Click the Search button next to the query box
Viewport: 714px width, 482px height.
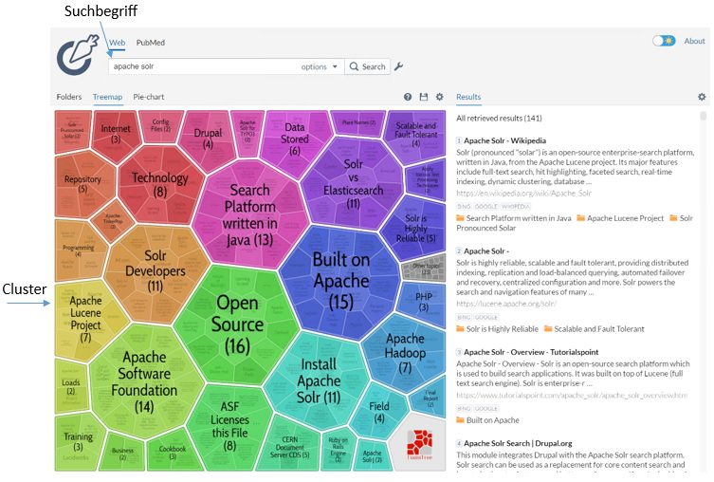click(x=367, y=66)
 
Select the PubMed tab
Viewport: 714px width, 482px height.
click(x=150, y=43)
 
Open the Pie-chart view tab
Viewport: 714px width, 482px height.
click(x=148, y=97)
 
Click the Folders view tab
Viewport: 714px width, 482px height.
click(x=69, y=97)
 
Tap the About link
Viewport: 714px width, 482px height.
click(x=694, y=41)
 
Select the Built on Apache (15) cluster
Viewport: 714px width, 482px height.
click(x=340, y=280)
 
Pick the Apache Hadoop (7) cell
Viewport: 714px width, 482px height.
click(x=405, y=352)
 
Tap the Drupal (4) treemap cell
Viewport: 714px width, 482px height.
click(x=208, y=139)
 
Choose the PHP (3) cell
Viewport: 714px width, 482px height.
click(x=423, y=301)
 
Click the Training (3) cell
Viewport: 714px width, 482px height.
click(x=78, y=442)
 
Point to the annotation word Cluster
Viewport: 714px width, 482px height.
click(x=24, y=290)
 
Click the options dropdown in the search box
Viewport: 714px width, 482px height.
click(x=320, y=66)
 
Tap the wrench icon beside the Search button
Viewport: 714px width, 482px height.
click(x=399, y=66)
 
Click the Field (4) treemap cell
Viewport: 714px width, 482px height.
click(x=379, y=412)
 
